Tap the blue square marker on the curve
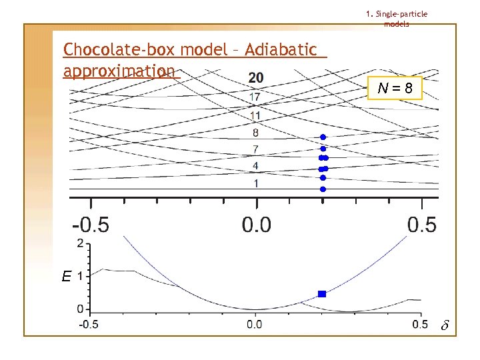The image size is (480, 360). click(322, 294)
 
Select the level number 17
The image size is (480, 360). click(255, 97)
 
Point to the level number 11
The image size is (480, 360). click(255, 115)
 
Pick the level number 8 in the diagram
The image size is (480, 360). click(255, 133)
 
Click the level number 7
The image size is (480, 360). click(255, 148)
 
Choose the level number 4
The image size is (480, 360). click(255, 165)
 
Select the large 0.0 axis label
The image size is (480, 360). click(256, 224)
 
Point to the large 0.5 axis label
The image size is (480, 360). click(422, 224)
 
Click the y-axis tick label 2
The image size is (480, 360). click(80, 243)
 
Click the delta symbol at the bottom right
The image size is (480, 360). click(445, 325)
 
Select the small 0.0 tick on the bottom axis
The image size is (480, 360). click(255, 325)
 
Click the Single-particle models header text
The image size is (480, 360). click(397, 19)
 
